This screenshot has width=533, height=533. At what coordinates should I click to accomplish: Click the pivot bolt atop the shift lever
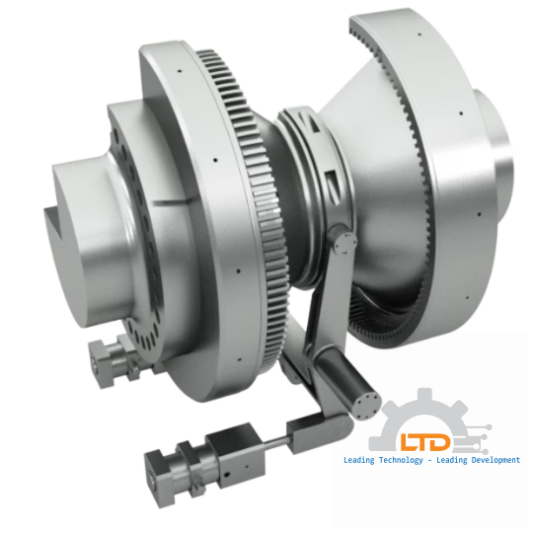pyautogui.click(x=340, y=238)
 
